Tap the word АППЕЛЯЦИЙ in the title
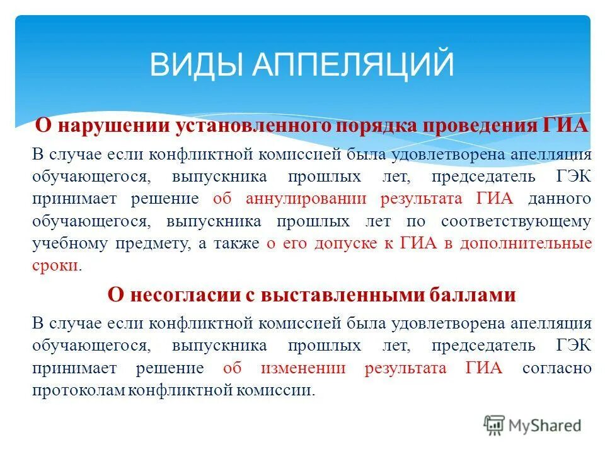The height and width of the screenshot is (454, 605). [354, 64]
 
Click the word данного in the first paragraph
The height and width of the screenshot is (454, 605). [560, 199]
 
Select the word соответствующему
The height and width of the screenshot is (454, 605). [516, 222]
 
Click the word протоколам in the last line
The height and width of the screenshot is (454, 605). [78, 390]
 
